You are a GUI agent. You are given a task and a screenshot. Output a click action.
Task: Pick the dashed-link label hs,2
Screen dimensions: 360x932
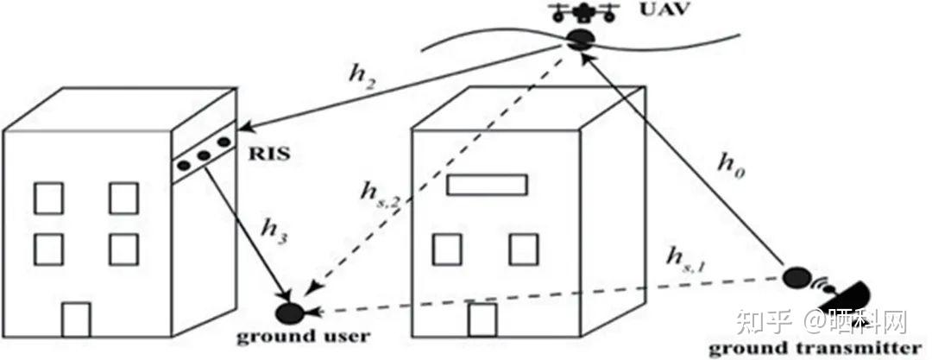click(x=381, y=200)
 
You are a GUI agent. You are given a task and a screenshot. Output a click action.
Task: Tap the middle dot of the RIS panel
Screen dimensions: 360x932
click(x=205, y=156)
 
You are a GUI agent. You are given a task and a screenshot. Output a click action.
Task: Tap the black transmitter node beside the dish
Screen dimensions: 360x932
click(x=797, y=278)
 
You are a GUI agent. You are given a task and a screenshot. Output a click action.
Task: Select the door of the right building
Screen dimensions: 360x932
click(x=482, y=319)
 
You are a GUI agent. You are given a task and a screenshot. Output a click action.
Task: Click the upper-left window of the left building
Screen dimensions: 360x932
click(x=48, y=197)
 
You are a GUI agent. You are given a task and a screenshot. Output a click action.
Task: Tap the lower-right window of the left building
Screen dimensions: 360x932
click(x=123, y=249)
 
